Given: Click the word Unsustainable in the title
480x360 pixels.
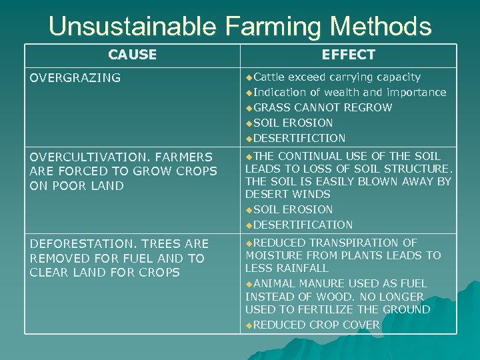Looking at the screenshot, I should point(132,27).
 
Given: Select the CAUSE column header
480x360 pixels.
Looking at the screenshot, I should point(132,55).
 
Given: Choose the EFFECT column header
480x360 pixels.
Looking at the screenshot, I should point(348,55).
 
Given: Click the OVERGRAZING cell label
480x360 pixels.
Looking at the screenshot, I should point(75,78).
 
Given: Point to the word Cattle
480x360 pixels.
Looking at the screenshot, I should point(270,77).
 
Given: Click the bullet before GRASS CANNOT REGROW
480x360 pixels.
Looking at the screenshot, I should point(249,108).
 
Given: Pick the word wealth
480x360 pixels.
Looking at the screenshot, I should point(357,93).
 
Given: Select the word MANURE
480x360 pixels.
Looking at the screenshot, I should point(321,284).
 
